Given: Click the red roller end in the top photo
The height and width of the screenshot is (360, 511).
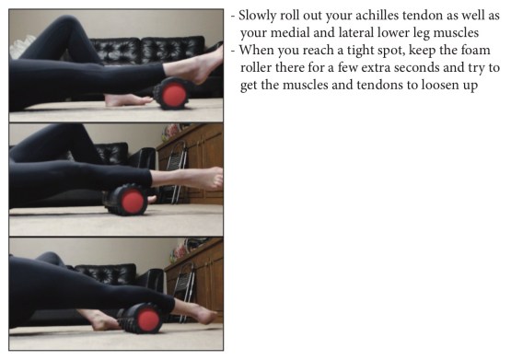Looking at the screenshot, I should (x=173, y=94).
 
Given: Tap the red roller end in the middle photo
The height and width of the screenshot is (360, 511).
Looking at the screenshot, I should (x=133, y=201).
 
